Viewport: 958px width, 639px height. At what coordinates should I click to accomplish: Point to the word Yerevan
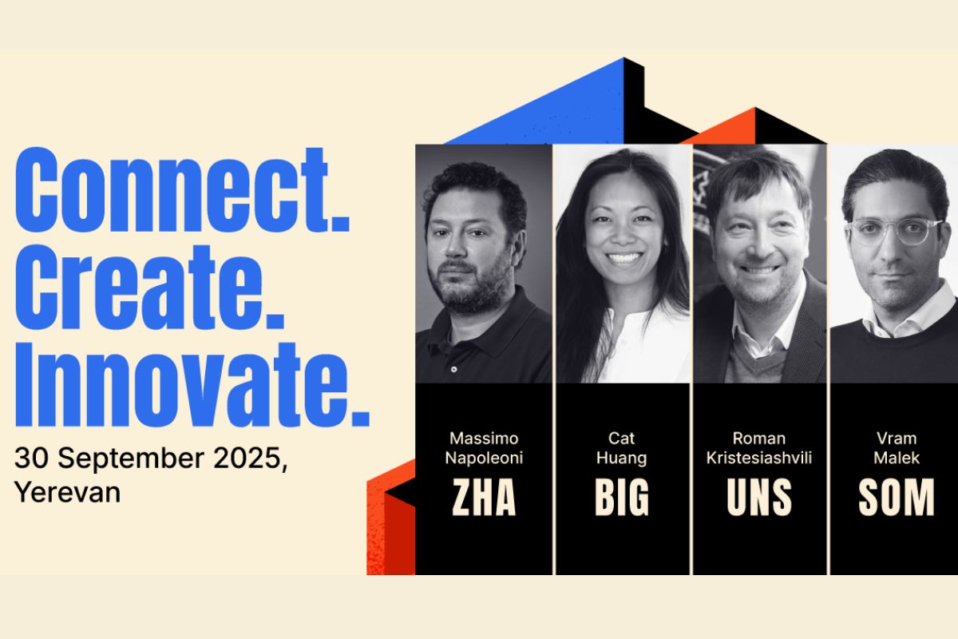click(68, 492)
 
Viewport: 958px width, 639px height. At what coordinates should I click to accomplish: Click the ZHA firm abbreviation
click(484, 497)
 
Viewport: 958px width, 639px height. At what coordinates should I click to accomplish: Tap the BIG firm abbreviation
click(622, 497)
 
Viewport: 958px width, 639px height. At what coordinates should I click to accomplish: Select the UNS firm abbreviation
click(759, 497)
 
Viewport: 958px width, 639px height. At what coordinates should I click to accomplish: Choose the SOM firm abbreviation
click(897, 497)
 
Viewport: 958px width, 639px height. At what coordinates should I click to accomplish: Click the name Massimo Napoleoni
click(484, 448)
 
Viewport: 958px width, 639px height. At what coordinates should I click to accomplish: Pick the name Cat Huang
click(621, 448)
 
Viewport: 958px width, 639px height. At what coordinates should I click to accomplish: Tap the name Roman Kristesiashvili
click(759, 448)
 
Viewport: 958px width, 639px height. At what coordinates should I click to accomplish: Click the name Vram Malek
click(897, 448)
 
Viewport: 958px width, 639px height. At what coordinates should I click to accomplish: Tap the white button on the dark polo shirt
click(453, 369)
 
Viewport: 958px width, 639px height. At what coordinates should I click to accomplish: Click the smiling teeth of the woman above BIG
click(623, 258)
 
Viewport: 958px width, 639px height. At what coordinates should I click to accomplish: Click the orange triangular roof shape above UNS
click(727, 129)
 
